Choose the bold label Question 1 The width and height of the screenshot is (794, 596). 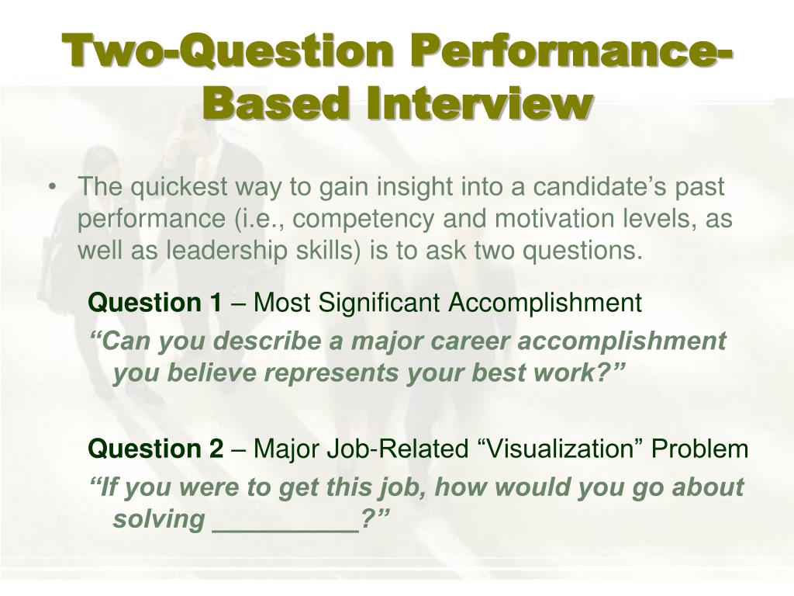pyautogui.click(x=155, y=303)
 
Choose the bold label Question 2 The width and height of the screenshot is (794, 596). pyautogui.click(x=155, y=449)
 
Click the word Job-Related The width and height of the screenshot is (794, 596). pyautogui.click(x=381, y=449)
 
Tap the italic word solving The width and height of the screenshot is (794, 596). pyautogui.click(x=157, y=519)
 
